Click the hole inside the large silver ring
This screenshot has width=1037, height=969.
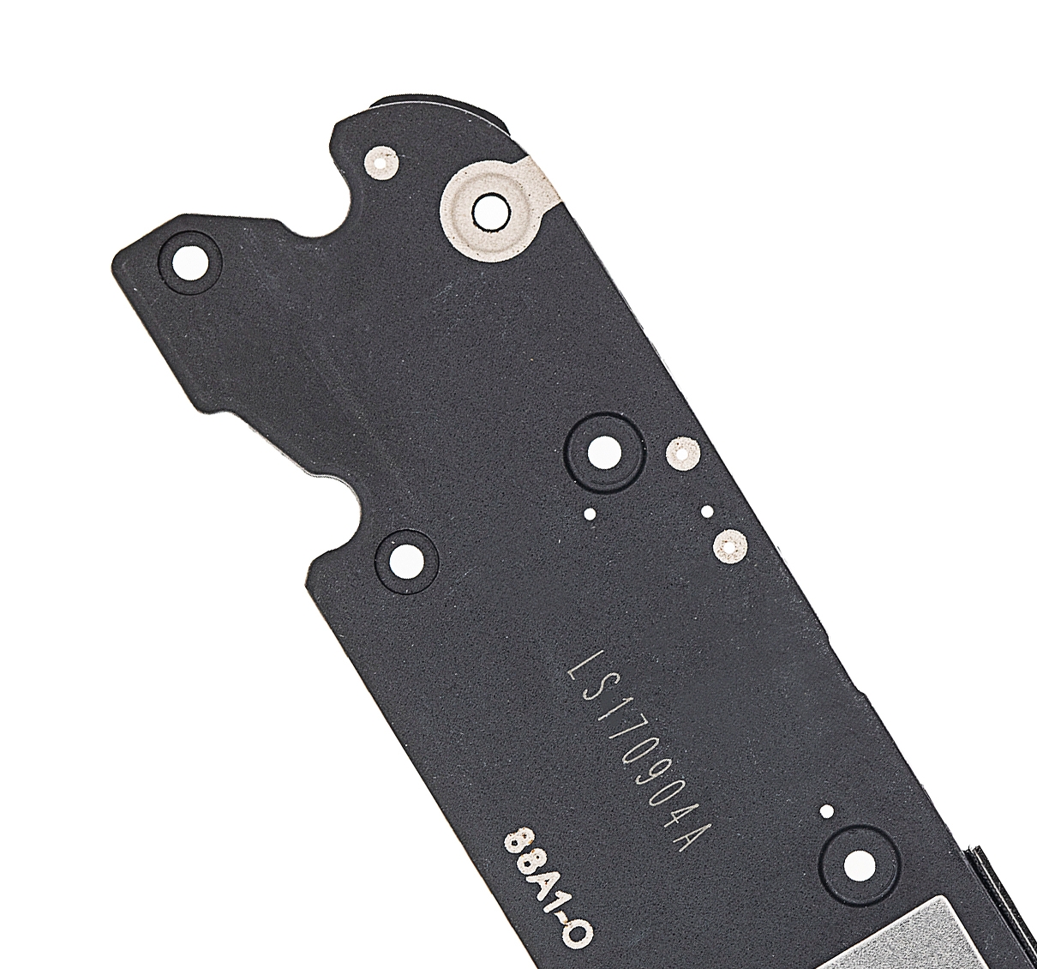pyautogui.click(x=490, y=214)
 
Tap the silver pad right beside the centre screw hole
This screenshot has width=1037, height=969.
pyautogui.click(x=683, y=454)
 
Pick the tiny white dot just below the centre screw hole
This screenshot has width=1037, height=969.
pyautogui.click(x=590, y=515)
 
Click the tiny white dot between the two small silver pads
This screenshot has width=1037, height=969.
pyautogui.click(x=708, y=510)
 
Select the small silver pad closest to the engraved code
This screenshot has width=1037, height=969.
pyautogui.click(x=730, y=547)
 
